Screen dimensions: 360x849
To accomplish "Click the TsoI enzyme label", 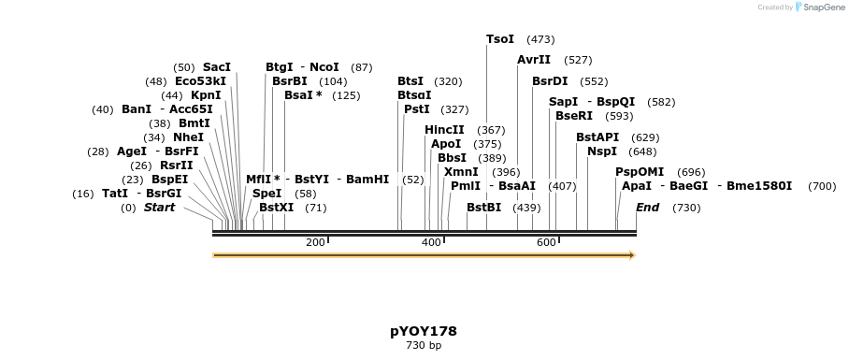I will tap(500, 39).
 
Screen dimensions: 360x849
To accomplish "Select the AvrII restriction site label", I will tap(534, 60).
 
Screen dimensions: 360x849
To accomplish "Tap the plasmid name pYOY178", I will tap(424, 331).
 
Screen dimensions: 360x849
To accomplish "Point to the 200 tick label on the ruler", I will tap(315, 243).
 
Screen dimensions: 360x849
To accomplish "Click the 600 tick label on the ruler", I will tap(546, 243).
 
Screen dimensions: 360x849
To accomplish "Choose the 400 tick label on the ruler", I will tap(431, 243).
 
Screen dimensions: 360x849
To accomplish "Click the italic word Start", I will tap(159, 208).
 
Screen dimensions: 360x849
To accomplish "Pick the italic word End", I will tap(647, 208).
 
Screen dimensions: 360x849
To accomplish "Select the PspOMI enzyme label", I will tap(640, 172).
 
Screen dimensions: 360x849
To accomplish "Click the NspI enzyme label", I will tap(603, 151).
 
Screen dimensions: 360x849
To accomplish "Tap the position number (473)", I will tap(540, 39).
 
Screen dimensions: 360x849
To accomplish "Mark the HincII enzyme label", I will tap(444, 130).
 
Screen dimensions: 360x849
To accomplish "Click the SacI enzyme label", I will tap(217, 67).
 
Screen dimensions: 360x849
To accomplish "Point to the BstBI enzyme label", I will tap(483, 208).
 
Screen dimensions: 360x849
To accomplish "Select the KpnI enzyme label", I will tap(206, 95).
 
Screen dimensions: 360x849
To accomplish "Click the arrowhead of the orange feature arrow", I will tap(632, 255).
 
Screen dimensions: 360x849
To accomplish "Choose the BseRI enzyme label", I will tap(574, 116).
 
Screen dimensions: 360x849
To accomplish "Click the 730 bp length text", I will tap(424, 346).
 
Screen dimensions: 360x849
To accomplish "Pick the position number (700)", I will tap(822, 186).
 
